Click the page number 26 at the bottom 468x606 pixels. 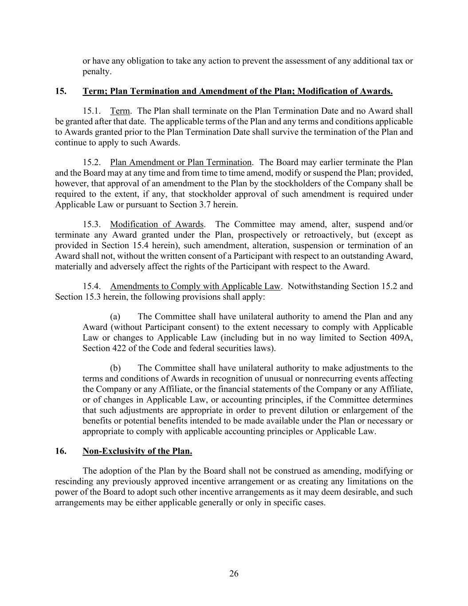[234, 574]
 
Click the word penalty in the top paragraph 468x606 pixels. [96, 71]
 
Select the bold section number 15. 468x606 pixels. [61, 91]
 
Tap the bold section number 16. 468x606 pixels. [61, 452]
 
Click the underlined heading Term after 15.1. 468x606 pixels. [120, 111]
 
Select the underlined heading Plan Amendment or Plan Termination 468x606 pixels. [181, 162]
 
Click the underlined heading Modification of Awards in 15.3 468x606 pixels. [157, 225]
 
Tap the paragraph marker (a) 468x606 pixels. [115, 317]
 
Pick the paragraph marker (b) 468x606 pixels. [115, 368]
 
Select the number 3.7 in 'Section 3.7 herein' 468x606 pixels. [202, 205]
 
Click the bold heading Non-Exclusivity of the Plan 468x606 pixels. [137, 452]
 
